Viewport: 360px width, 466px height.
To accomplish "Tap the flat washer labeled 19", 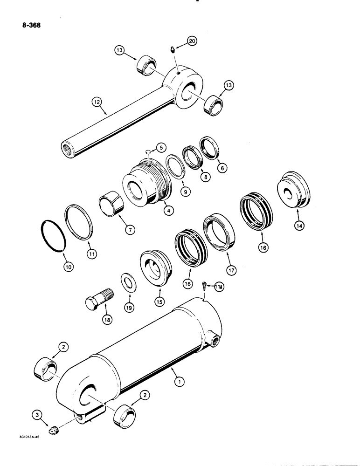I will (127, 284).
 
